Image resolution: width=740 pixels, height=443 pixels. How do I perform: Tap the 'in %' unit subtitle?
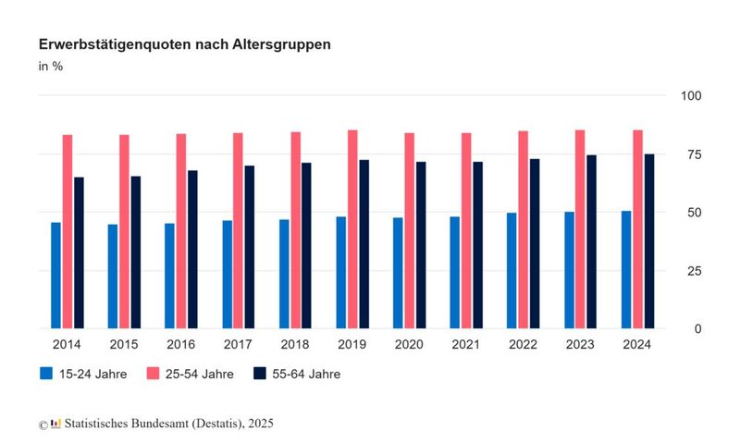point(50,67)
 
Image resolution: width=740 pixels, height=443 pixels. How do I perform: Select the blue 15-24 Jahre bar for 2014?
point(55,275)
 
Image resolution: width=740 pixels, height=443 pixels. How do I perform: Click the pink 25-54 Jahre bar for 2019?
point(352,228)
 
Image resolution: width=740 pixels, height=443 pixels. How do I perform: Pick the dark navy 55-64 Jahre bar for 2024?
point(649,240)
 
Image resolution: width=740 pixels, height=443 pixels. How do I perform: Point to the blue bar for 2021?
point(455,272)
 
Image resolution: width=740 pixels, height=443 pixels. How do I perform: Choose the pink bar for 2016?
point(181,230)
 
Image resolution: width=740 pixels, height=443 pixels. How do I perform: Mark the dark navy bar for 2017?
point(250,246)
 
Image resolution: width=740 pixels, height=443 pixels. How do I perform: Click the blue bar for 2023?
point(569,270)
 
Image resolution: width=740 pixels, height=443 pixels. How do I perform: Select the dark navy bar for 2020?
point(421,244)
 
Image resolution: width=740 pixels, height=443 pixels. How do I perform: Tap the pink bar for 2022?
point(524,229)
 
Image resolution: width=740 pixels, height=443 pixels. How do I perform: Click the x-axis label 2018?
point(295,344)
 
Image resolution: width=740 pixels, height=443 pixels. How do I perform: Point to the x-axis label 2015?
point(125,344)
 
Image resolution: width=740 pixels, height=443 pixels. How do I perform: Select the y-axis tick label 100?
point(692,96)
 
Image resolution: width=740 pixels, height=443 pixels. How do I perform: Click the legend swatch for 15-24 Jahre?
point(46,374)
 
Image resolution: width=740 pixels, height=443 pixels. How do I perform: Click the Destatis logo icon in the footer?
point(56,423)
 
